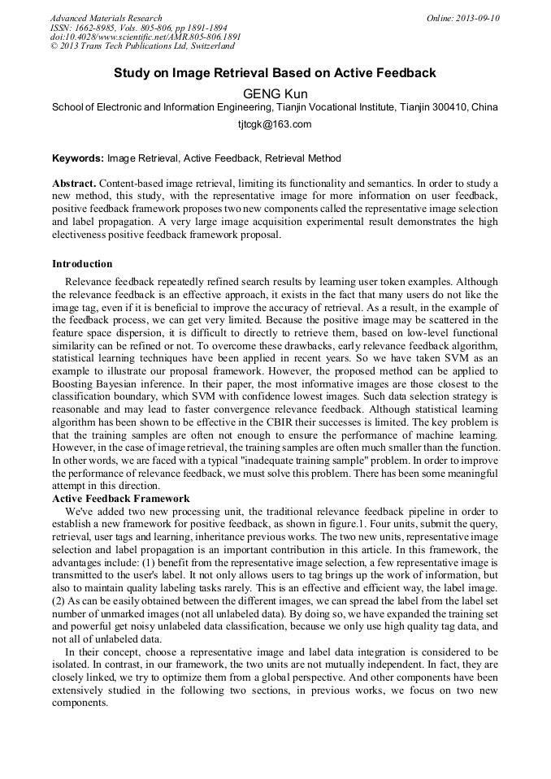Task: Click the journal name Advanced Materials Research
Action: (x=106, y=18)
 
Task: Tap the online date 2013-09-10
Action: (x=478, y=18)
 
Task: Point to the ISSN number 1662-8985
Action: (x=101, y=28)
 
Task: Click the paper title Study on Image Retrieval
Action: (x=275, y=73)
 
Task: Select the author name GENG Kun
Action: (x=275, y=93)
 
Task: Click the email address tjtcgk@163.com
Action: (x=275, y=124)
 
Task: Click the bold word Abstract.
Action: (x=75, y=184)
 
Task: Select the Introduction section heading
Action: (x=82, y=264)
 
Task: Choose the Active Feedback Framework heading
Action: (x=121, y=498)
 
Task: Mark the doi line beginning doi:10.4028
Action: (x=145, y=37)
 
